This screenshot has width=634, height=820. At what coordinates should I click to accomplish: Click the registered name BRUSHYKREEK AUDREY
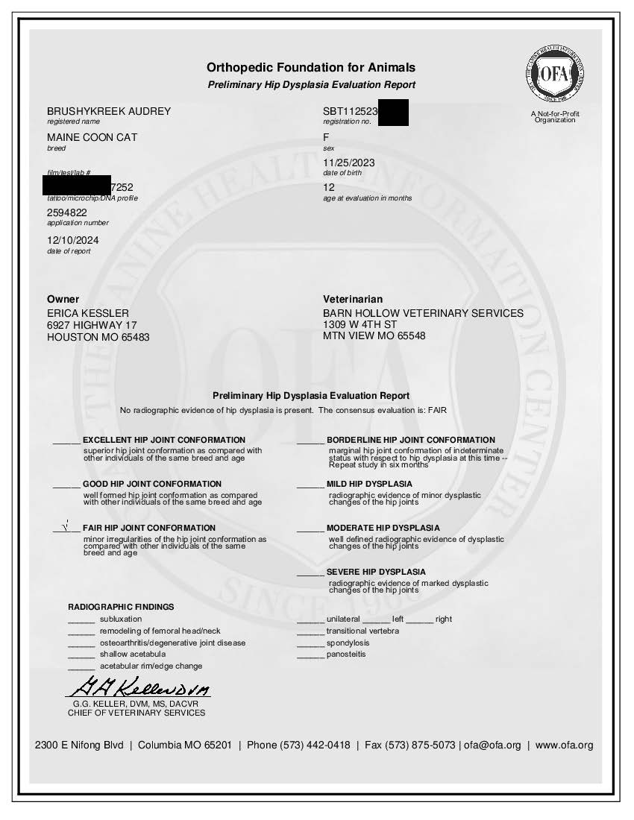click(109, 111)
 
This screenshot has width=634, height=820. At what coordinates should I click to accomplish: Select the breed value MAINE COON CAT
click(92, 138)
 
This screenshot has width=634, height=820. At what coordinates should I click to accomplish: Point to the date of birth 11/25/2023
click(348, 163)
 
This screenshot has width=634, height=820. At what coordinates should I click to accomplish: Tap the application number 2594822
click(67, 212)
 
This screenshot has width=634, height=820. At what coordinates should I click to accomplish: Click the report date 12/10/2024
click(72, 240)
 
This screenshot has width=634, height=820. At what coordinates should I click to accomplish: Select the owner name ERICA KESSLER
click(88, 313)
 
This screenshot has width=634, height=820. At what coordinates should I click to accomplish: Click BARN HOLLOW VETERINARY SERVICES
click(423, 313)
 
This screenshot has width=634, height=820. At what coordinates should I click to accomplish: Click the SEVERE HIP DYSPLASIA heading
click(376, 572)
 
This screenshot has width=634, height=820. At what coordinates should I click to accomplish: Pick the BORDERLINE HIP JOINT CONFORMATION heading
click(410, 440)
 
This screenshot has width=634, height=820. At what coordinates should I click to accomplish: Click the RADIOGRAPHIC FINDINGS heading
click(121, 607)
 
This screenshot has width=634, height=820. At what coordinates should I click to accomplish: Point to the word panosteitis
click(346, 655)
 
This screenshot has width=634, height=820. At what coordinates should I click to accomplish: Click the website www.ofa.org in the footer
click(564, 745)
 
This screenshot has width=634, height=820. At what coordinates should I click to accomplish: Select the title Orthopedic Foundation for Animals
click(311, 68)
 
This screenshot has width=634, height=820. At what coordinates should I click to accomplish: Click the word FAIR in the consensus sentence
click(437, 411)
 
